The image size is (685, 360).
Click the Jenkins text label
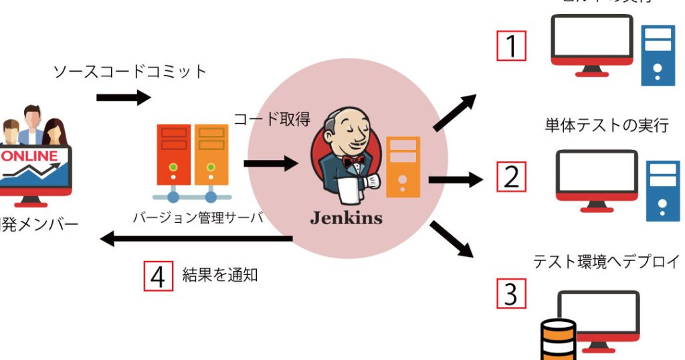coord(346,217)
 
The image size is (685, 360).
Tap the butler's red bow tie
coord(353,161)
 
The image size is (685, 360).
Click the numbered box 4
coord(158,275)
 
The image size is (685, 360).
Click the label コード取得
coord(272,119)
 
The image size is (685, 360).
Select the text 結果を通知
coord(220,274)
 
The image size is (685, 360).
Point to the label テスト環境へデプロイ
coord(606,262)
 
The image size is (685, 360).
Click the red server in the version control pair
coord(173,155)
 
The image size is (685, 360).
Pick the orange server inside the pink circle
coord(403,167)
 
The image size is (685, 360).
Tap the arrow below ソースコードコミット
coord(124,98)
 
